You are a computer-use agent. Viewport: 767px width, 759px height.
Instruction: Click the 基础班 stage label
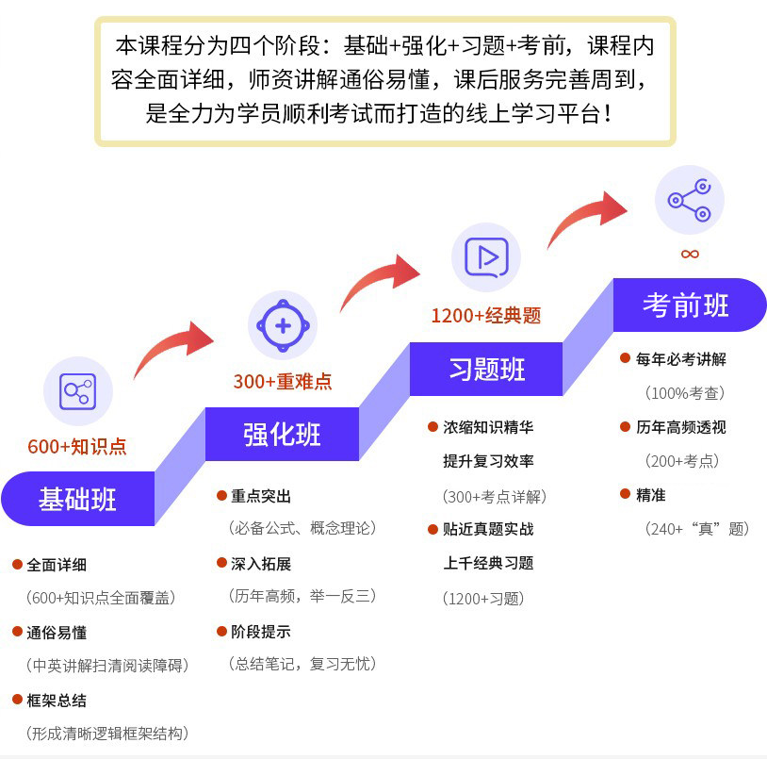point(77,499)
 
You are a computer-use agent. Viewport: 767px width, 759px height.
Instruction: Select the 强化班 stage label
point(283,435)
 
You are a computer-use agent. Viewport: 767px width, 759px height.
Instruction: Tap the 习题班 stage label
point(486,369)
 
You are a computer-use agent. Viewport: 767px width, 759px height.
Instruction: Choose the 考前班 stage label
point(686,305)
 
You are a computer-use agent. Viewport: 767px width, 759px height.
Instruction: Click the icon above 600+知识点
point(77,390)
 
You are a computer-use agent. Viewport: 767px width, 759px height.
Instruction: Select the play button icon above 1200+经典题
point(486,257)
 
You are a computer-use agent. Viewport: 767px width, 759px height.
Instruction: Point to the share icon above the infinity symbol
point(689,199)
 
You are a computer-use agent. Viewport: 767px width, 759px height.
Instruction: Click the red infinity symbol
point(690,254)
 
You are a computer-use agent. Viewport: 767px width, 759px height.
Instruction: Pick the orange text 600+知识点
point(77,447)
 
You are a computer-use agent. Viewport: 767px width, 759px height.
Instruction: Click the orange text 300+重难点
point(283,382)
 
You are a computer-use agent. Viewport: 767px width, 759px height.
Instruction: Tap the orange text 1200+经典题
point(486,316)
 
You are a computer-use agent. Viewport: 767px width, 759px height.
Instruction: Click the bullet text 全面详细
point(57,565)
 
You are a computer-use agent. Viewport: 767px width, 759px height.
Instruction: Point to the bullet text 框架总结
point(57,700)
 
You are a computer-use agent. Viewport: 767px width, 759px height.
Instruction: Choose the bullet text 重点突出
point(261,496)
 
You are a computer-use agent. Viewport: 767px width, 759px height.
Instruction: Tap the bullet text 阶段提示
point(261,631)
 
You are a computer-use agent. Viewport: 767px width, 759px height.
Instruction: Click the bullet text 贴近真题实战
point(488,529)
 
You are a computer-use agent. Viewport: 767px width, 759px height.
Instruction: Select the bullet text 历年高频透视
point(680,427)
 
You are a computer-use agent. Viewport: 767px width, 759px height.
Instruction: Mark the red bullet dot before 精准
point(625,494)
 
